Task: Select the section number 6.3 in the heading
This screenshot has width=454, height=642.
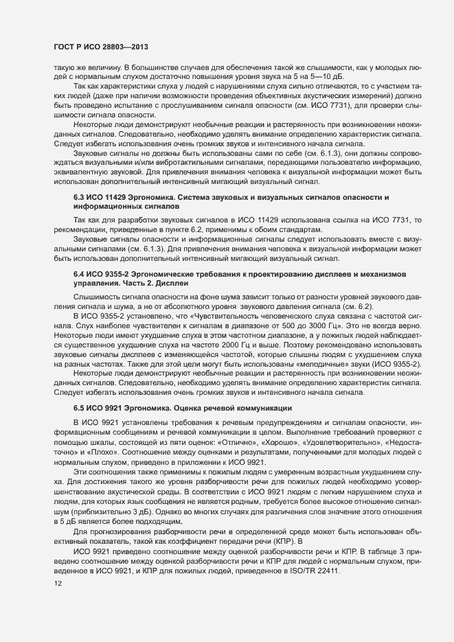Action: coord(82,178)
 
